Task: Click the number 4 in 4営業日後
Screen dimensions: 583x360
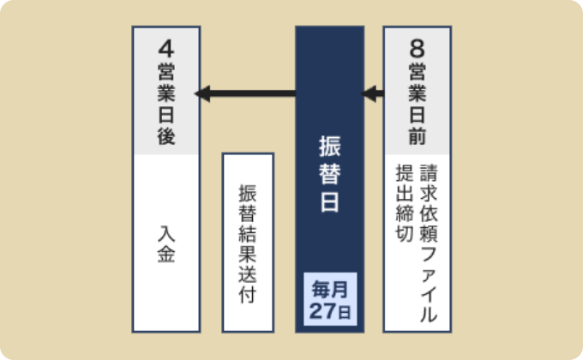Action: (x=166, y=49)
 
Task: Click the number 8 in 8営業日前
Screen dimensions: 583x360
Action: (x=418, y=49)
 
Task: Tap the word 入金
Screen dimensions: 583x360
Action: (x=166, y=244)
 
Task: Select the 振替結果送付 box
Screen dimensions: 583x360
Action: (x=248, y=242)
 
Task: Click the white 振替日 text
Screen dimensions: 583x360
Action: (x=330, y=174)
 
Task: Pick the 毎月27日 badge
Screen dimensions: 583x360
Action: (x=330, y=299)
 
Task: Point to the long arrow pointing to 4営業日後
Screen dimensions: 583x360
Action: (x=245, y=93)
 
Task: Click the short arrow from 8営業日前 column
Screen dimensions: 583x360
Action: (x=373, y=93)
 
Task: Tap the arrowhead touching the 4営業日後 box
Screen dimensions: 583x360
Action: (x=202, y=93)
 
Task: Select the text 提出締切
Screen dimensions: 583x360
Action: (x=405, y=203)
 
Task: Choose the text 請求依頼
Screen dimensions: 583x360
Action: (x=429, y=203)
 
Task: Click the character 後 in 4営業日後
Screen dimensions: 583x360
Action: (x=166, y=136)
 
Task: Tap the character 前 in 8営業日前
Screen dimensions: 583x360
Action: (x=418, y=136)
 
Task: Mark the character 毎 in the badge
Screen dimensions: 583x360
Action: (x=321, y=290)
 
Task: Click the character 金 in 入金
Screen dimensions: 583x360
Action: (x=166, y=255)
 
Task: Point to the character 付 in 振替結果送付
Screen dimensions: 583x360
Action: (x=248, y=295)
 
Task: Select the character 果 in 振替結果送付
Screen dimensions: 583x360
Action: (x=248, y=254)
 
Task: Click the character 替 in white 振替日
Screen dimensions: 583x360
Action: (x=330, y=174)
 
